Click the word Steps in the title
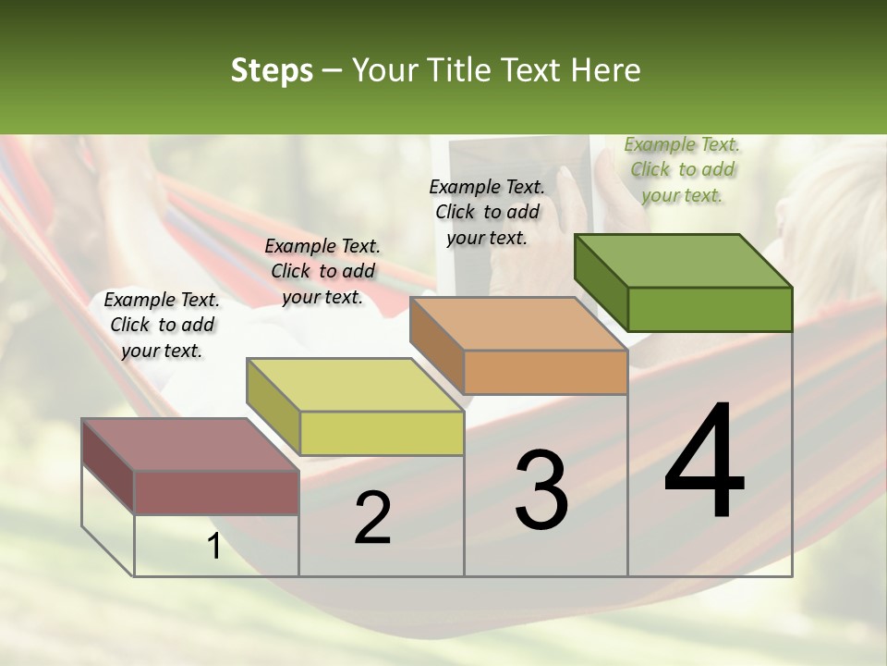tap(271, 70)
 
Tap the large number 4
tap(704, 462)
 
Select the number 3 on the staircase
tap(541, 490)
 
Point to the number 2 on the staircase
tap(372, 518)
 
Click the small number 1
tap(214, 547)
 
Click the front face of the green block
tap(710, 309)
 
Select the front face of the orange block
tap(545, 373)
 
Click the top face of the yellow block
tap(355, 385)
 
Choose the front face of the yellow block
tap(382, 433)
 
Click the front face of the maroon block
tap(216, 492)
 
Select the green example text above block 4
tap(682, 169)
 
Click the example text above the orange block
tap(487, 212)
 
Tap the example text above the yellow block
tap(322, 271)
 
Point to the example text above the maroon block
tap(162, 325)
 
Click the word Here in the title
tap(605, 70)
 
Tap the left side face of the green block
tap(601, 283)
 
